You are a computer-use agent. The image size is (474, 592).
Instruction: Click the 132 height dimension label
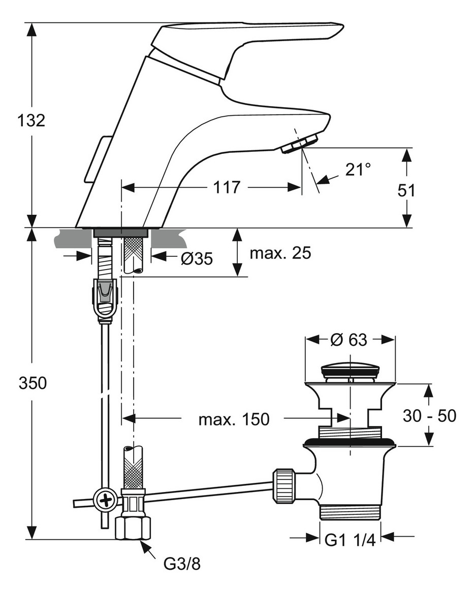point(31,120)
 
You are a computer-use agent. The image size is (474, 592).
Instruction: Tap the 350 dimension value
point(33,383)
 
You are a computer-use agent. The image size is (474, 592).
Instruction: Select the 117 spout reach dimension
point(227,187)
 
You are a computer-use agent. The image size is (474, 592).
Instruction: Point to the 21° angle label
point(358,170)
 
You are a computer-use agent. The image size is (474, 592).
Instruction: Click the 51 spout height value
point(406,190)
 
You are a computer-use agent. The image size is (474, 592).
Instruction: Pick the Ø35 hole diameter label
point(197,258)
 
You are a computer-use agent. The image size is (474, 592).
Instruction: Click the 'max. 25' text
point(280,252)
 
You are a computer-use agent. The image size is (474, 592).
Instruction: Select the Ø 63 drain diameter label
point(349,340)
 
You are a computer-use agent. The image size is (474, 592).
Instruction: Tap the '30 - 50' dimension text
point(429,416)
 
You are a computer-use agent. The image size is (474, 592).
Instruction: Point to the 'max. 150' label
point(234,419)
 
